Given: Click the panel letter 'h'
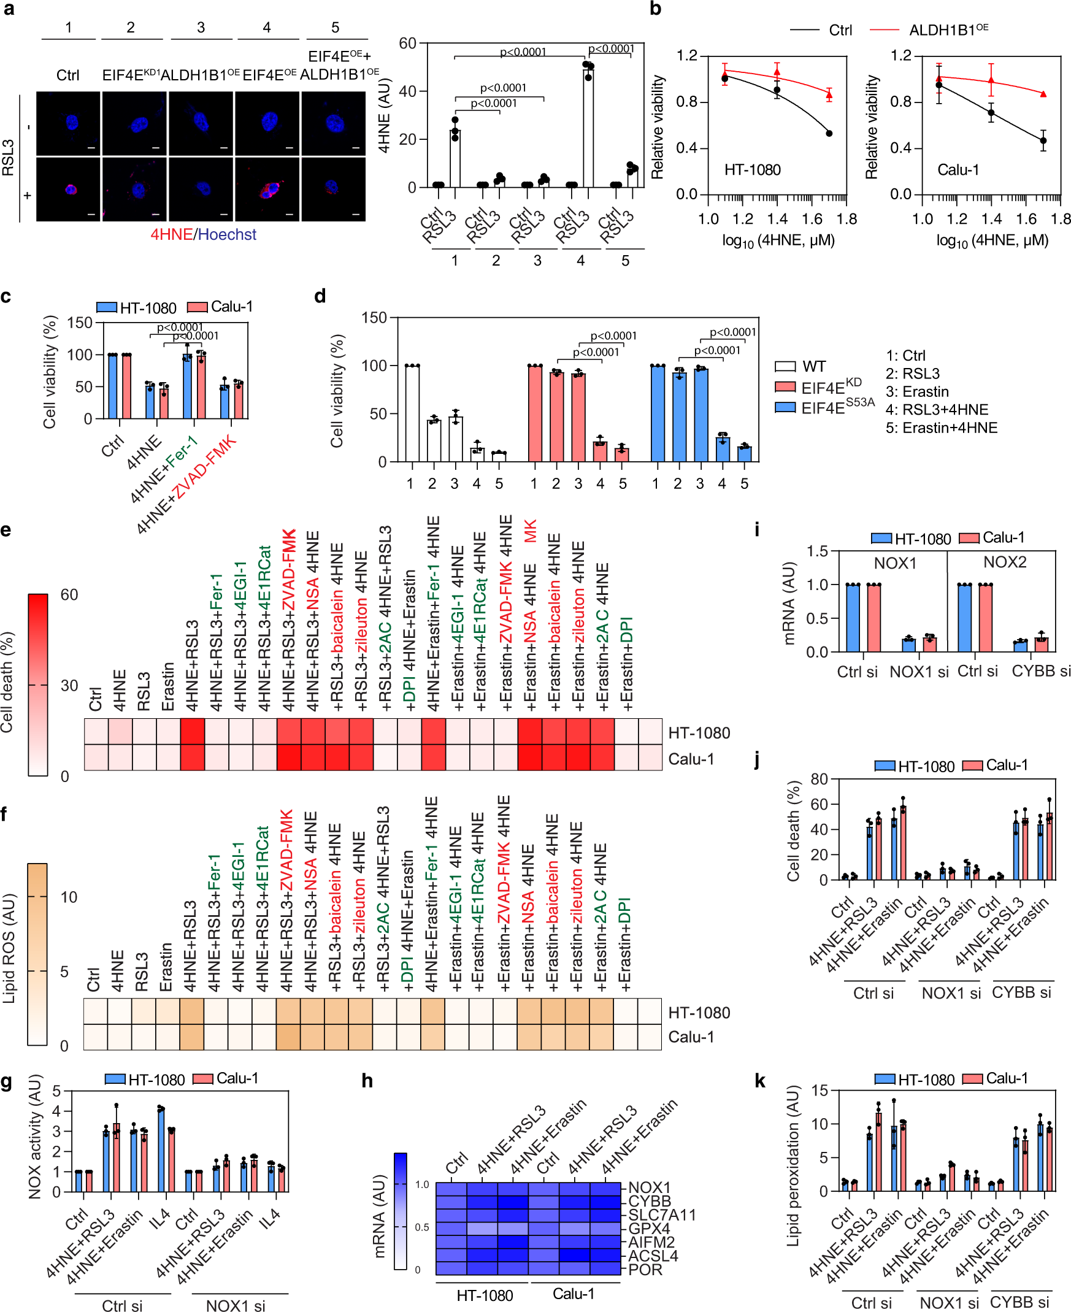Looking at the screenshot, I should (367, 1081).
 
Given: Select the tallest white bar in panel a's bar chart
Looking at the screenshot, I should (588, 126).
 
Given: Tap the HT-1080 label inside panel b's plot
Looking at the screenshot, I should (752, 170).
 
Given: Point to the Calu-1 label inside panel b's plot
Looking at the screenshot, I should (958, 170).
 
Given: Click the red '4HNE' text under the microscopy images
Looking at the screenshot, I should (172, 234).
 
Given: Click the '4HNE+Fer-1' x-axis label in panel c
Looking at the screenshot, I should (164, 469).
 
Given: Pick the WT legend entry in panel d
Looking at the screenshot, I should (800, 366).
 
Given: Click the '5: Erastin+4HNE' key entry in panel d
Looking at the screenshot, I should (941, 428).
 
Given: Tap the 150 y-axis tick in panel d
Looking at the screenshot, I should (374, 318).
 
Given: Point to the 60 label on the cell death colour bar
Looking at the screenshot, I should (69, 594).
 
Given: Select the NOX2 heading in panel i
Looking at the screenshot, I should (1004, 562).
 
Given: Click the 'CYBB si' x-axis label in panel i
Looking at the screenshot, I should (1040, 671).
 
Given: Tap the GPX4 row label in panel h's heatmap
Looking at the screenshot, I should (648, 1228).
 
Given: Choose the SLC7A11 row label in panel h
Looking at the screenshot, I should (661, 1214).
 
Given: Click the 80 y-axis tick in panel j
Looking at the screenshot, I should (819, 779).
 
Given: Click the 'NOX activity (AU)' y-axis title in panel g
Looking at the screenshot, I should (34, 1137).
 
